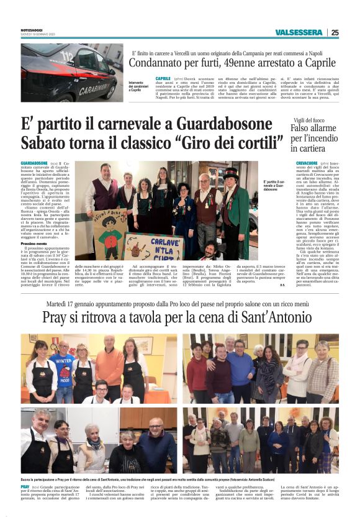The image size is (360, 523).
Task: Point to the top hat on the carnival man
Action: tap(231, 173)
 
